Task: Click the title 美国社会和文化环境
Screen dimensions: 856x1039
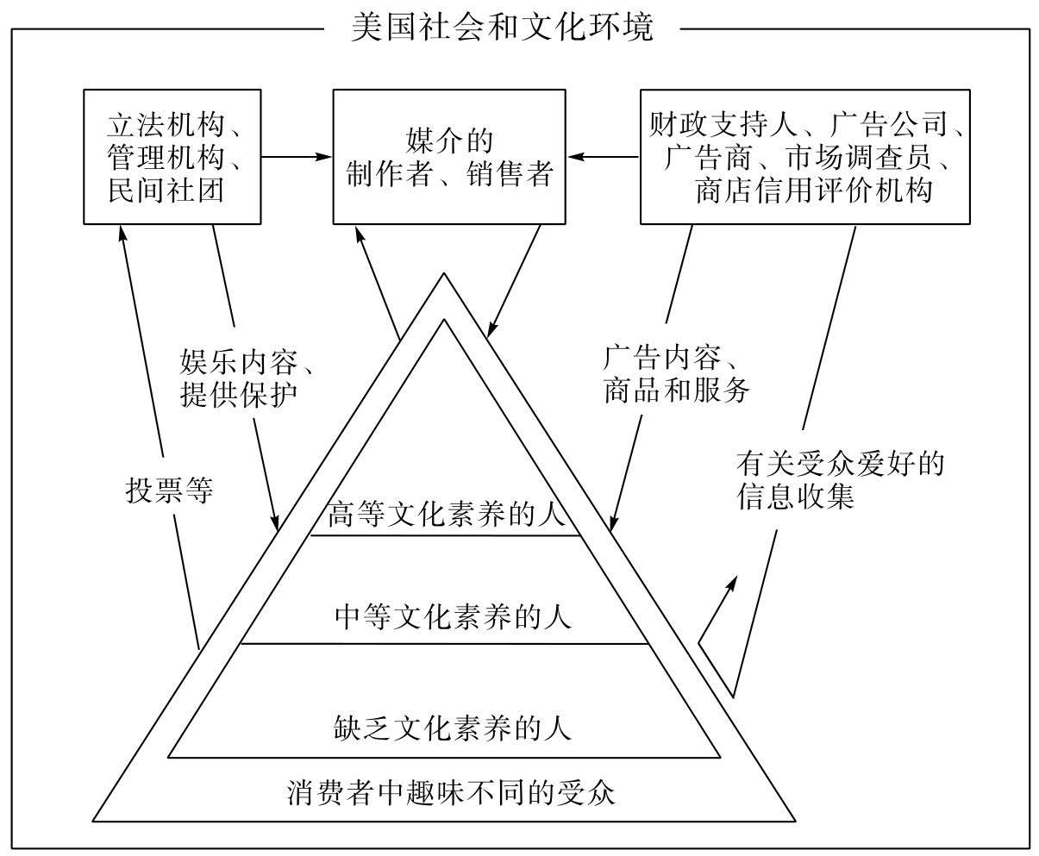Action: point(503,27)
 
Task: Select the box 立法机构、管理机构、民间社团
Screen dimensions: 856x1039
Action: point(172,156)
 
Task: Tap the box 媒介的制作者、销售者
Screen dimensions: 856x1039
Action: point(449,156)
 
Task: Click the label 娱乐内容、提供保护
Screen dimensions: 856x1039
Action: point(246,377)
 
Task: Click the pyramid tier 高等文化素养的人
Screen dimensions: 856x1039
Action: point(446,515)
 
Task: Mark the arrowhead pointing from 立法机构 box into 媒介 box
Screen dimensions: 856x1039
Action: point(327,157)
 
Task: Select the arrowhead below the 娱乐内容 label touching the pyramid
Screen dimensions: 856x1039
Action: point(276,522)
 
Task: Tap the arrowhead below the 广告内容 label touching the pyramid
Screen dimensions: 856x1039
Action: point(612,522)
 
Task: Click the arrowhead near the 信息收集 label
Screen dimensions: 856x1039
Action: point(734,582)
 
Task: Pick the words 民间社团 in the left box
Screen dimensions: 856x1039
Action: point(166,190)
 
